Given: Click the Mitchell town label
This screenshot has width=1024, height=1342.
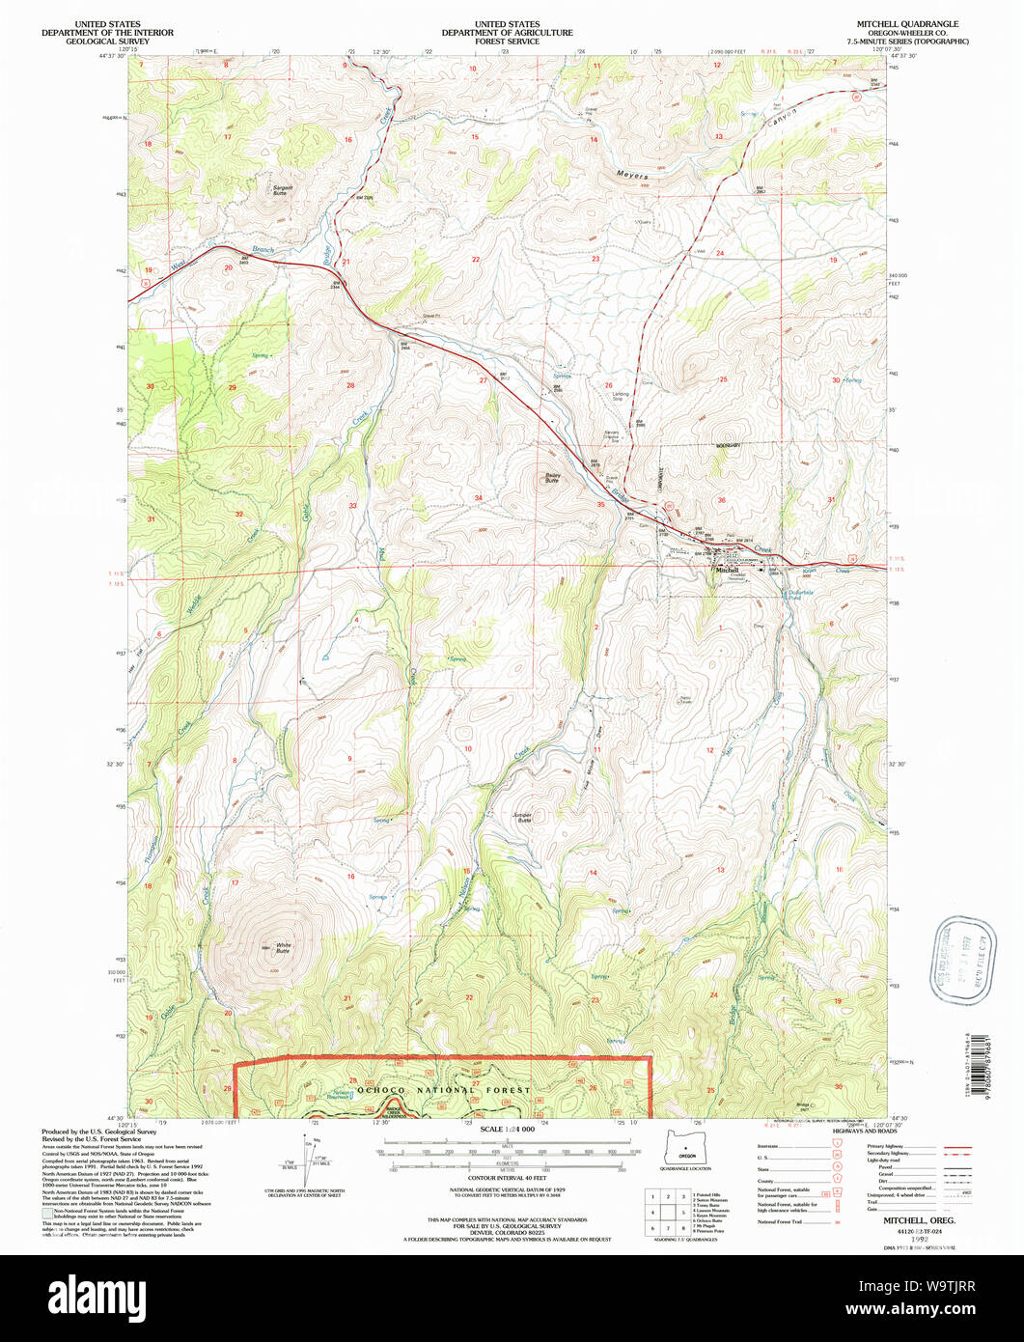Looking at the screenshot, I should coord(727,571).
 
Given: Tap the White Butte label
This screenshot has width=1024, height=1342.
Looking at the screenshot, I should coord(282,949).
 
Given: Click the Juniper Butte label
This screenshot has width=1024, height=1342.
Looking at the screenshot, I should coord(523,817).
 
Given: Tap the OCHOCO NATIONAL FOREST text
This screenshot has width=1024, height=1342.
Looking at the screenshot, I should coord(444,1089).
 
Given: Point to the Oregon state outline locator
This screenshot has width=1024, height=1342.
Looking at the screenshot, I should coord(686,1149).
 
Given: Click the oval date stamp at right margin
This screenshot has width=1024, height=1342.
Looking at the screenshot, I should coord(952,958).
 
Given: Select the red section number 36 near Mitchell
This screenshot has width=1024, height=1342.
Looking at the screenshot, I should coord(721,500).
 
